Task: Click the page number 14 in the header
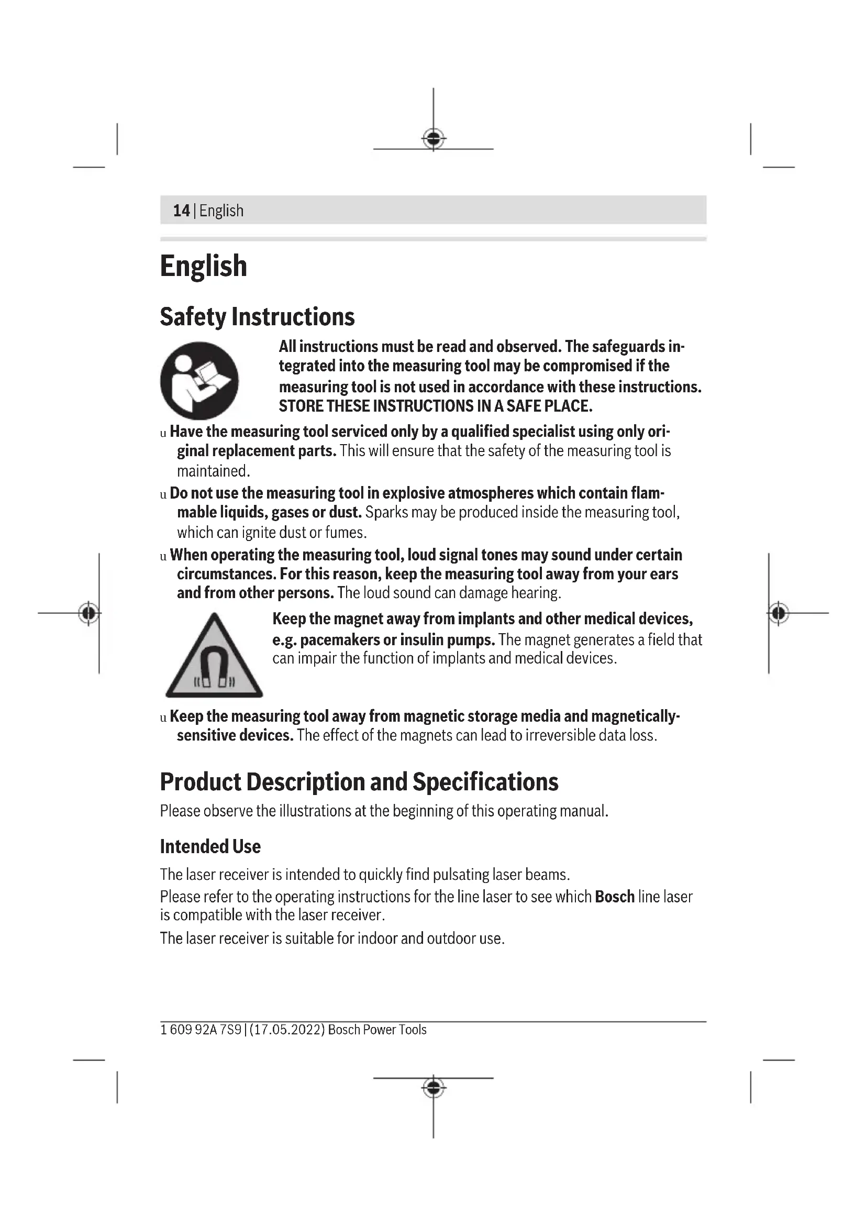click(x=181, y=211)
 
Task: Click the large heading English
click(x=203, y=266)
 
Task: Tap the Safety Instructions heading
click(x=257, y=316)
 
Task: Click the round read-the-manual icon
click(x=199, y=380)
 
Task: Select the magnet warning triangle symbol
click(x=214, y=657)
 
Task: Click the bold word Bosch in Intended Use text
click(x=614, y=897)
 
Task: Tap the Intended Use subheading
click(x=210, y=847)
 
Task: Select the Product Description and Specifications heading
click(x=359, y=782)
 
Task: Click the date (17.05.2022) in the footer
click(x=287, y=1030)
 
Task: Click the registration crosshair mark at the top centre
click(x=434, y=139)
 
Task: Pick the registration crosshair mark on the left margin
click(x=89, y=613)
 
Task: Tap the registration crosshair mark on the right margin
click(x=778, y=613)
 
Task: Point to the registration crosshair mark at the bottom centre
click(x=434, y=1087)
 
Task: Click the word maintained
click(x=213, y=471)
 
